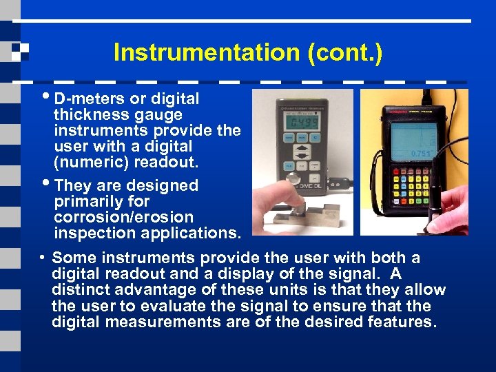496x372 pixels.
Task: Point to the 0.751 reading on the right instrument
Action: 422,153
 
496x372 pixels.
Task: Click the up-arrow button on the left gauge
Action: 301,149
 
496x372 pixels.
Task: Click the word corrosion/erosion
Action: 123,217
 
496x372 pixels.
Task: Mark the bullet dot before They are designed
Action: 48,184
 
